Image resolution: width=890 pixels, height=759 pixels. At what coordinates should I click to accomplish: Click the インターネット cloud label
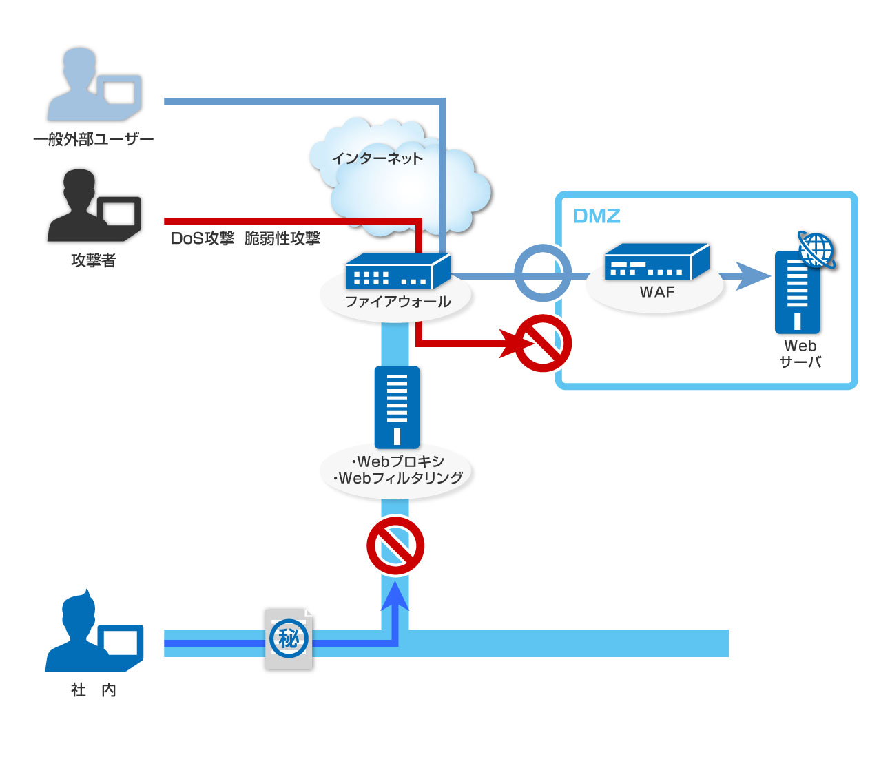coord(377,158)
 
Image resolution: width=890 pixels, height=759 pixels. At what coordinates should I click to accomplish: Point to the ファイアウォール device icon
coord(397,271)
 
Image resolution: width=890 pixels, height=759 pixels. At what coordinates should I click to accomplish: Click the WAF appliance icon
coord(656,262)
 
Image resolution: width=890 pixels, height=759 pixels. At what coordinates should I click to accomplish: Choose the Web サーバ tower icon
coord(797,293)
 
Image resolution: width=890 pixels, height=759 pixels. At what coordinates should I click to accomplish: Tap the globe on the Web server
coord(816,249)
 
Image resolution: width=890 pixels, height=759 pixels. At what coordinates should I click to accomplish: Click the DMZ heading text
coord(597,216)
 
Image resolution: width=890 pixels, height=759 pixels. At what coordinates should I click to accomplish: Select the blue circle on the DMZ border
coord(543,273)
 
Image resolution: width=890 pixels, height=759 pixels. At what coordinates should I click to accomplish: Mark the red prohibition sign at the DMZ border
coord(543,343)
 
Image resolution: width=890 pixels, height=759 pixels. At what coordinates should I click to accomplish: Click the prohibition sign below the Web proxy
coord(395,546)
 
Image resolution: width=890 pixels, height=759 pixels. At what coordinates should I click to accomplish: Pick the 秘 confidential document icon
coord(289,638)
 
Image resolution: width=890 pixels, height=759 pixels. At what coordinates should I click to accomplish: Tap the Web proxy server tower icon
coord(397,407)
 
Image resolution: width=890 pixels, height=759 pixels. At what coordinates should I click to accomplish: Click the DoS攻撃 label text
coord(203,238)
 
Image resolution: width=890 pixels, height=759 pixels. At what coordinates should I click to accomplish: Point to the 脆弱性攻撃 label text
coord(282,238)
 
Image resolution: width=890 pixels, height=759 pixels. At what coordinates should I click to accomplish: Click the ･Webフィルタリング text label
coord(398,478)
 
